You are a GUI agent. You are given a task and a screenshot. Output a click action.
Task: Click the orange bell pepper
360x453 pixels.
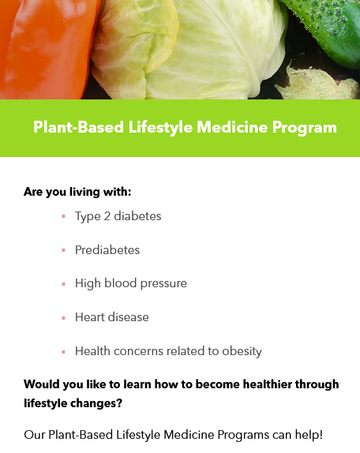point(47,49)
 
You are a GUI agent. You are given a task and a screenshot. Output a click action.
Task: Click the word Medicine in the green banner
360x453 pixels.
point(232,127)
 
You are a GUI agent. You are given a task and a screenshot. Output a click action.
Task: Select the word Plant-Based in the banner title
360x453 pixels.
point(79,127)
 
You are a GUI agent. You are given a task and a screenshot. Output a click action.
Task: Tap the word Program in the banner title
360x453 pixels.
point(305,128)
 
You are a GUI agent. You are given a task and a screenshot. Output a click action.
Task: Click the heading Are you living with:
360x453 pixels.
point(77,192)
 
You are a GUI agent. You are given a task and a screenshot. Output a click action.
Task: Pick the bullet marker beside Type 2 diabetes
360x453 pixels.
point(64,216)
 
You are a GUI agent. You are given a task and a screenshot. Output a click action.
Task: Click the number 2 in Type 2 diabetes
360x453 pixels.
point(107,216)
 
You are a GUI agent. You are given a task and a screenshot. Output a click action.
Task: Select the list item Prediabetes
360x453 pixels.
point(107,250)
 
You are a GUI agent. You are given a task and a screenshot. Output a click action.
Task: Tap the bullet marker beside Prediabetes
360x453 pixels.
point(64,250)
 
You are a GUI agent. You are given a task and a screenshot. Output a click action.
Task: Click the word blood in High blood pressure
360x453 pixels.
point(120,283)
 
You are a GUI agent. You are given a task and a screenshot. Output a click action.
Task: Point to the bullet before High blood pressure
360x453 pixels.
point(64,284)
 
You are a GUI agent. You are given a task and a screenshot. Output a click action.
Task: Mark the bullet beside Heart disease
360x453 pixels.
point(64,318)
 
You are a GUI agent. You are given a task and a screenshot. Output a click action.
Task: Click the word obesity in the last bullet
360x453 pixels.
point(242,352)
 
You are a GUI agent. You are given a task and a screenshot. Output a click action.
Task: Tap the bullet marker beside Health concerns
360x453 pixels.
point(64,352)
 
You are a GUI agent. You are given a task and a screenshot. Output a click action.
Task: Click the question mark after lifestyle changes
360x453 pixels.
point(119,403)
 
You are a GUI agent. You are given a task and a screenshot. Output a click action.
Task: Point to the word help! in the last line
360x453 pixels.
point(309,435)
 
